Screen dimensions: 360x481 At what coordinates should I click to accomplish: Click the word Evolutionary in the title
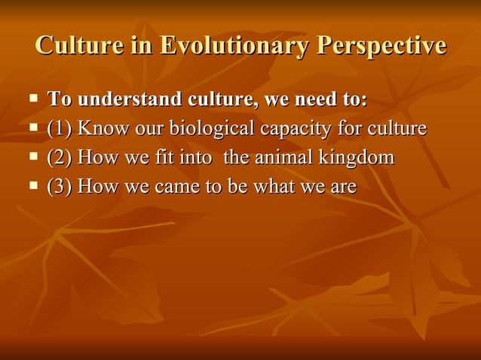coord(235,46)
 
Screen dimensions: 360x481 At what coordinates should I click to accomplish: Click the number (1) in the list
coord(59,129)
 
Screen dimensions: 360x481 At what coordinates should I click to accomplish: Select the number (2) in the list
coord(59,157)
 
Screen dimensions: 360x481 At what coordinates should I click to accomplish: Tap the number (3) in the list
coord(59,186)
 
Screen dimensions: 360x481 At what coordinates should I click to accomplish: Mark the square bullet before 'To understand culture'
coord(33,99)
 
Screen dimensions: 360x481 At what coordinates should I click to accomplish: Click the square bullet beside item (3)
coord(33,185)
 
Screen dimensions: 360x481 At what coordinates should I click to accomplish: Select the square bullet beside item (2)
coord(33,157)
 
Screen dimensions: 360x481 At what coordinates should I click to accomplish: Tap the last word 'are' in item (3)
coord(344,186)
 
